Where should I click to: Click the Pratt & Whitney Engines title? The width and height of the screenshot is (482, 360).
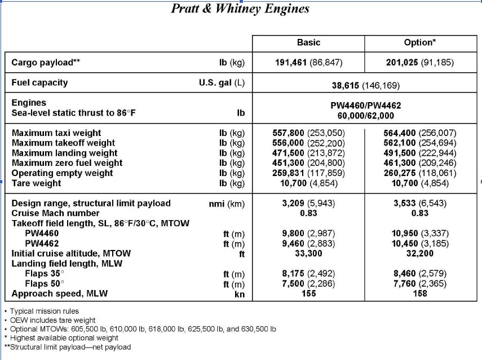[240, 8]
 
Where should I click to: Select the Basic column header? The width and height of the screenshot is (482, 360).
[308, 42]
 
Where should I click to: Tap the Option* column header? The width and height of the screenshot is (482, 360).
[420, 42]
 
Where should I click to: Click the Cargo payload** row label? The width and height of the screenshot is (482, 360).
[46, 62]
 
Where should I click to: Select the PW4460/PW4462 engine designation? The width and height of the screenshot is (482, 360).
[365, 106]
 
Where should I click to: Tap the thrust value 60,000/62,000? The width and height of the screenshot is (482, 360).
[365, 116]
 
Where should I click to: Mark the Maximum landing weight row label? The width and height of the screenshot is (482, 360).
[65, 153]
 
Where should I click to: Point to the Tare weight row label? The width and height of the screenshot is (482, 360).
[37, 183]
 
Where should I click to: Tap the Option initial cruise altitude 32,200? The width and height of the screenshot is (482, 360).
[420, 254]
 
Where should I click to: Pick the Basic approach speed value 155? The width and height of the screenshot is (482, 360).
[308, 294]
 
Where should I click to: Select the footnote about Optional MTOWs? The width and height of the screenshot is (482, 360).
[141, 329]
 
